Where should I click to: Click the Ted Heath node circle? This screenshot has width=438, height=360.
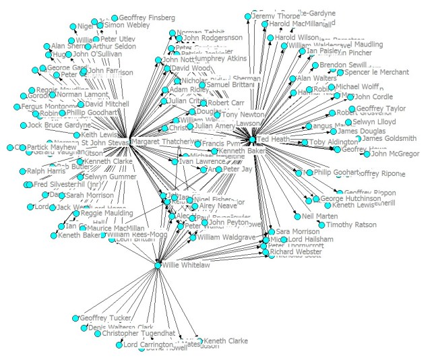click(252, 140)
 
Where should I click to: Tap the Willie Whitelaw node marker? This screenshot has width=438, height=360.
click(158, 266)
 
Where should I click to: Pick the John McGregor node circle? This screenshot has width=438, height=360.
click(367, 154)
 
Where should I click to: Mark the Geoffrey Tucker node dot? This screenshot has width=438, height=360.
click(75, 318)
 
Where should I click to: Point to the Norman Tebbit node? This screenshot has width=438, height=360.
click(172, 32)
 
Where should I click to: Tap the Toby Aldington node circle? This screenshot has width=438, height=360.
click(305, 143)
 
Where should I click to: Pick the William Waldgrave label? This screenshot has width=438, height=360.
click(226, 237)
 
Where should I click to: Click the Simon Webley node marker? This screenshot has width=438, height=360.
click(100, 25)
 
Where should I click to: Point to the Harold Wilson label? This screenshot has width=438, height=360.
click(296, 38)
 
